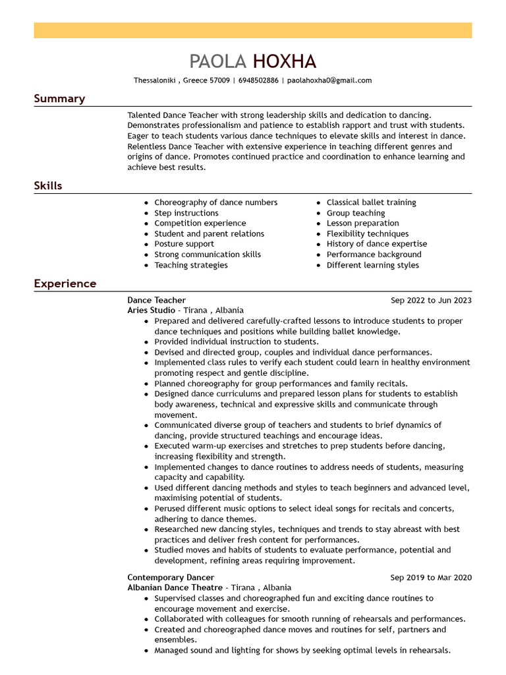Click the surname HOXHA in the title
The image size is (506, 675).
(285, 62)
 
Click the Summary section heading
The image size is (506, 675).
(59, 99)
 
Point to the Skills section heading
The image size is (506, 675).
(48, 186)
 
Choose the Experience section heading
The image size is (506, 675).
(65, 284)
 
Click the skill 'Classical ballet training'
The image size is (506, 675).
(371, 202)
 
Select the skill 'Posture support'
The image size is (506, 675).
(184, 244)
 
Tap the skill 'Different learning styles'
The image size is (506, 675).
(372, 265)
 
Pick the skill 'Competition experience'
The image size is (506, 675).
(200, 223)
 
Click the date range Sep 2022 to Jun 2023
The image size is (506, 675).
(431, 301)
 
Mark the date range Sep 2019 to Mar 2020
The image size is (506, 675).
(431, 578)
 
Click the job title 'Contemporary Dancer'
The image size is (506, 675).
(171, 578)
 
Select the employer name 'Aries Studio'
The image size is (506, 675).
(151, 310)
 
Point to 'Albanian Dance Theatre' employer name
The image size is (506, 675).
(175, 588)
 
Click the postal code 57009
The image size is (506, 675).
(219, 80)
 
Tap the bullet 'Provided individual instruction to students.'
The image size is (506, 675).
(236, 342)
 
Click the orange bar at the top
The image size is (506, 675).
(253, 30)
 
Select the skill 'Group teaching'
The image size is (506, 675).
(356, 213)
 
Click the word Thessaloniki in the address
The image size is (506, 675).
(154, 80)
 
